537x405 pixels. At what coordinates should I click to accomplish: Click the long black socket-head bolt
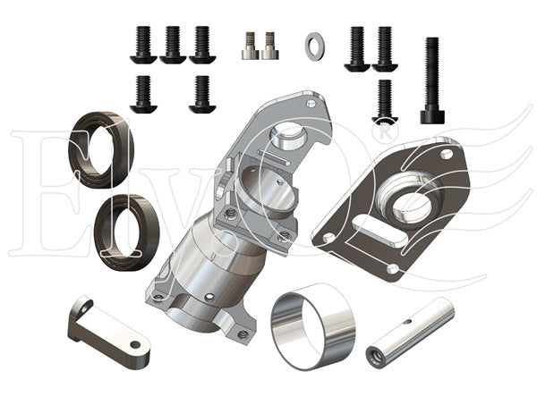(x=432, y=80)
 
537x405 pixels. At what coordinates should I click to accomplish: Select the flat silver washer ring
(x=315, y=46)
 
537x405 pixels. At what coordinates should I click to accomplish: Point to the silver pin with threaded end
(x=410, y=333)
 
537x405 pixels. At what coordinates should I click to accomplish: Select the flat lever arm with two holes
(x=109, y=333)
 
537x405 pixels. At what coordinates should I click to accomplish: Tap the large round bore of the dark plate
(x=412, y=207)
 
